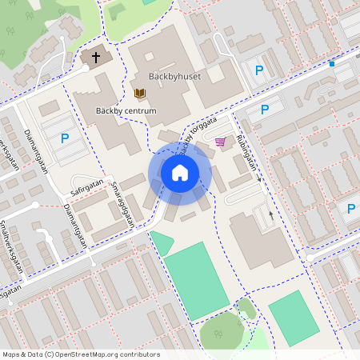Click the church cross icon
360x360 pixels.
coord(97,57)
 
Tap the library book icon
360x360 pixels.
coord(140,94)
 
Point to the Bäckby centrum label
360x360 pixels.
coord(126,110)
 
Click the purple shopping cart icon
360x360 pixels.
coord(220,142)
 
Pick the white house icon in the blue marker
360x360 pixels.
coord(179,172)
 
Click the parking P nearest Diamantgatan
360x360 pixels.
coord(65,138)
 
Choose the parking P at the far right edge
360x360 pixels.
coord(351,209)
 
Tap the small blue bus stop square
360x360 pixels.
coord(331,64)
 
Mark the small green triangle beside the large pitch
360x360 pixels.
coord(162,242)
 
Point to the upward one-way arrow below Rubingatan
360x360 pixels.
coord(270,214)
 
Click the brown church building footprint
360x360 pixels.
coord(97,58)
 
